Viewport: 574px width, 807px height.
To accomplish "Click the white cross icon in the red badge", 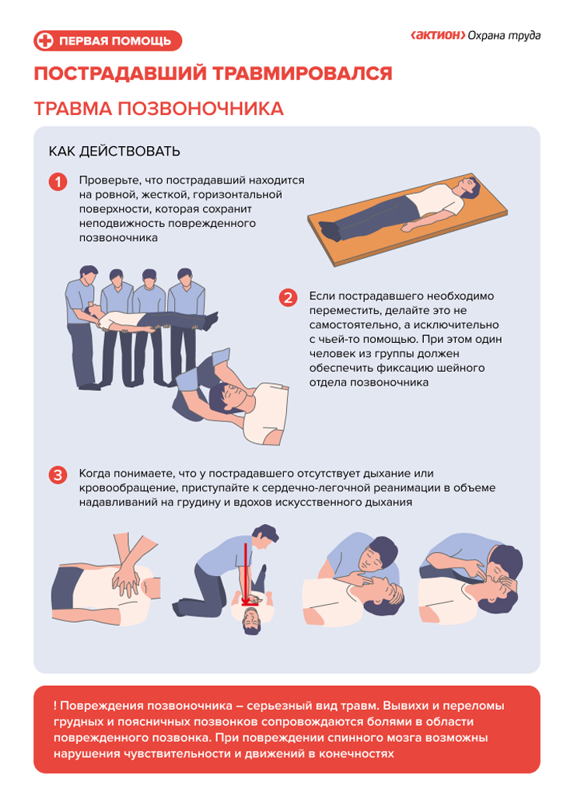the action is click(x=45, y=40).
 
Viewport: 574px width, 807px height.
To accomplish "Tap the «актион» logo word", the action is click(x=438, y=35).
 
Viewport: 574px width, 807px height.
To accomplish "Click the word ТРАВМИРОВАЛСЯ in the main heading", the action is click(x=303, y=74).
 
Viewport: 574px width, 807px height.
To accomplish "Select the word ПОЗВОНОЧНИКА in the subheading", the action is click(x=201, y=109).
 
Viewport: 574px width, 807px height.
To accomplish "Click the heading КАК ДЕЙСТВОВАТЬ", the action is click(x=114, y=152).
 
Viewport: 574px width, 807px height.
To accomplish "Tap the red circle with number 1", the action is click(x=58, y=182).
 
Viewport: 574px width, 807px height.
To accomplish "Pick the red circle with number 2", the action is click(x=288, y=298).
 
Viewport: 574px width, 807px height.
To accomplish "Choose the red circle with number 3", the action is click(x=58, y=474).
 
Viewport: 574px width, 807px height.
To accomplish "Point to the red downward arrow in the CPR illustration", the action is click(x=246, y=574).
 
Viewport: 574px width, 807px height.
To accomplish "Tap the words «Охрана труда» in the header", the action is click(x=505, y=36).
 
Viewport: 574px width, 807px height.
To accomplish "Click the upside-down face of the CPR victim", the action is click(x=251, y=620).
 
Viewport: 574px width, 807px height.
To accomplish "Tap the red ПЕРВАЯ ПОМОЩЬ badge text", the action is click(x=115, y=41).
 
